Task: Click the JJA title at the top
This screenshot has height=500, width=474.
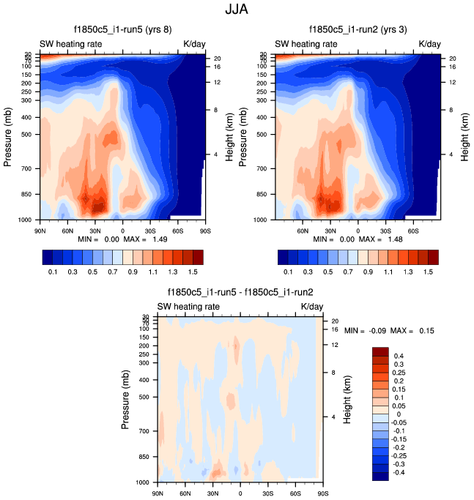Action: tap(237, 11)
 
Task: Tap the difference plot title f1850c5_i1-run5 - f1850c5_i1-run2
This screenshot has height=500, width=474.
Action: tap(240, 292)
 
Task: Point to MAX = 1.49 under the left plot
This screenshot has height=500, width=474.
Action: tap(130, 239)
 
